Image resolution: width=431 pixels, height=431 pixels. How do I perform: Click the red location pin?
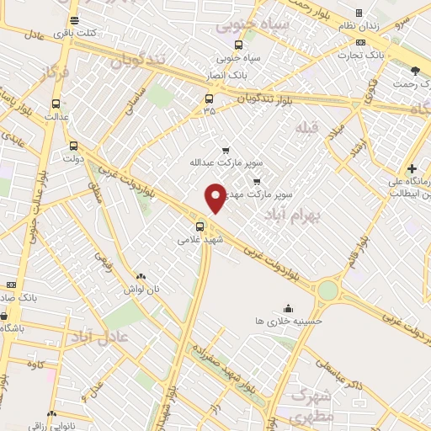[x=216, y=198]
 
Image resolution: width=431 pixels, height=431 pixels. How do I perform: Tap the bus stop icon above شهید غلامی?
[x=200, y=226]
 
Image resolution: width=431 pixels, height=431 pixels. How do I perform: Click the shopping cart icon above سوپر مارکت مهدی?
[x=257, y=180]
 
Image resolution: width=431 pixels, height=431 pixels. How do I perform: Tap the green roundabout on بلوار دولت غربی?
[x=327, y=291]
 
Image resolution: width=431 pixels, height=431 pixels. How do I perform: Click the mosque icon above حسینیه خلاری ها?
[x=289, y=308]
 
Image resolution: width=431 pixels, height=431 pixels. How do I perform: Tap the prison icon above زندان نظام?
[x=359, y=13]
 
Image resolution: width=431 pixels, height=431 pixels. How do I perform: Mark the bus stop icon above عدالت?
[x=56, y=104]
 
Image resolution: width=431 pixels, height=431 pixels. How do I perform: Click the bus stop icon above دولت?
[x=73, y=145]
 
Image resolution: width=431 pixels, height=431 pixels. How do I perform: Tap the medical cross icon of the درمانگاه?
[x=412, y=168]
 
